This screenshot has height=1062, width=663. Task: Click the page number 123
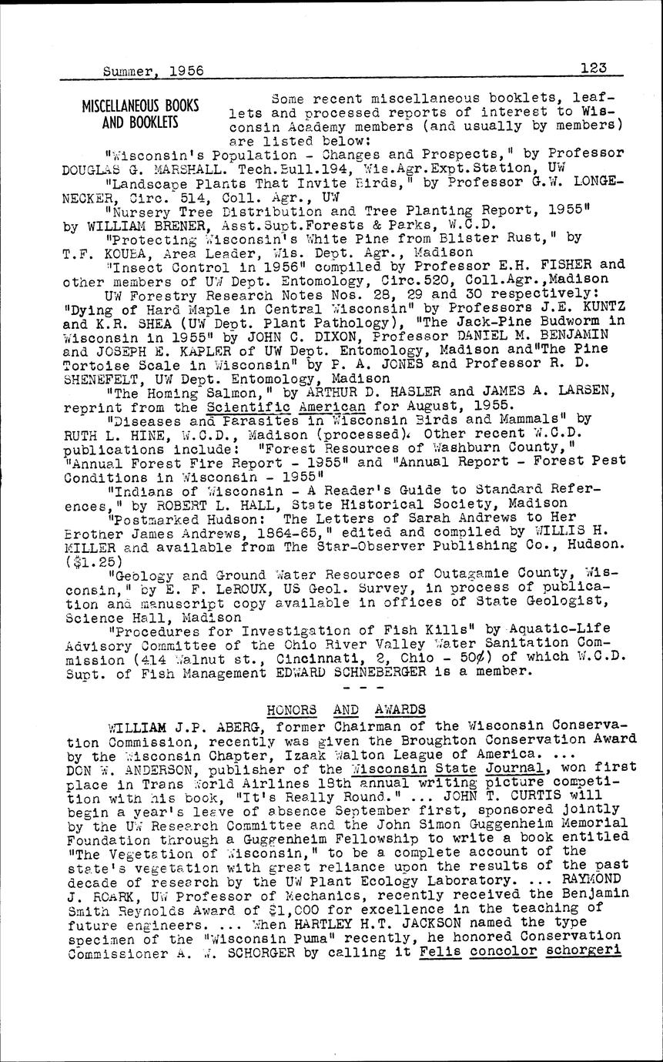[594, 68]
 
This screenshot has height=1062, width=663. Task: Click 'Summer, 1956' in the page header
[152, 70]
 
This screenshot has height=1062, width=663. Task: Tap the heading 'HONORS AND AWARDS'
[345, 709]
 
